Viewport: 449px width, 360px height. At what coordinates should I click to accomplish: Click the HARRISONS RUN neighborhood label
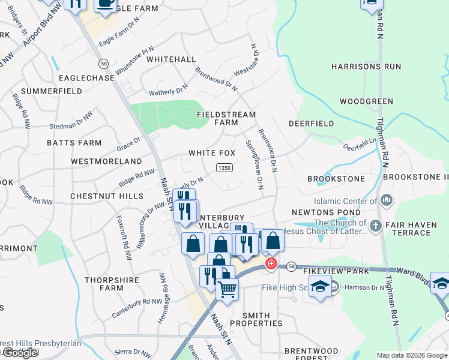[366, 67]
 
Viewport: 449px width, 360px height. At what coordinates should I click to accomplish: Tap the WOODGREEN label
[366, 101]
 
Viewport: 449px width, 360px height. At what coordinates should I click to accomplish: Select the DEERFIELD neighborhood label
[311, 124]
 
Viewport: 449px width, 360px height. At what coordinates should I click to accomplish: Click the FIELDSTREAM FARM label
[227, 118]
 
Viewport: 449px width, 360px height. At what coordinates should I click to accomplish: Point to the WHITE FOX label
[212, 153]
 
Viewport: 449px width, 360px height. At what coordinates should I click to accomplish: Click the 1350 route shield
[224, 168]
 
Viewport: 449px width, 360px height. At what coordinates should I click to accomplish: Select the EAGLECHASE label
[86, 78]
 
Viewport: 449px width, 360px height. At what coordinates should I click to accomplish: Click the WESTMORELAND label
[106, 161]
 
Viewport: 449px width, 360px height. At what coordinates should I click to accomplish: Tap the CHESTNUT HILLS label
[106, 196]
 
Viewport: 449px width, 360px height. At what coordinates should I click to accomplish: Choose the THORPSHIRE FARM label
[104, 284]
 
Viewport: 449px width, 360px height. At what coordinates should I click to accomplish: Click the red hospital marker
[271, 263]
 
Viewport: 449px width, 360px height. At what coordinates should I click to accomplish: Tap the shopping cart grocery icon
[227, 289]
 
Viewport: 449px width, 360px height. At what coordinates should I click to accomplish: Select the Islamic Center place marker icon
[387, 199]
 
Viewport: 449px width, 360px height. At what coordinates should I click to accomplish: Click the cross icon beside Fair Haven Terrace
[375, 226]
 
